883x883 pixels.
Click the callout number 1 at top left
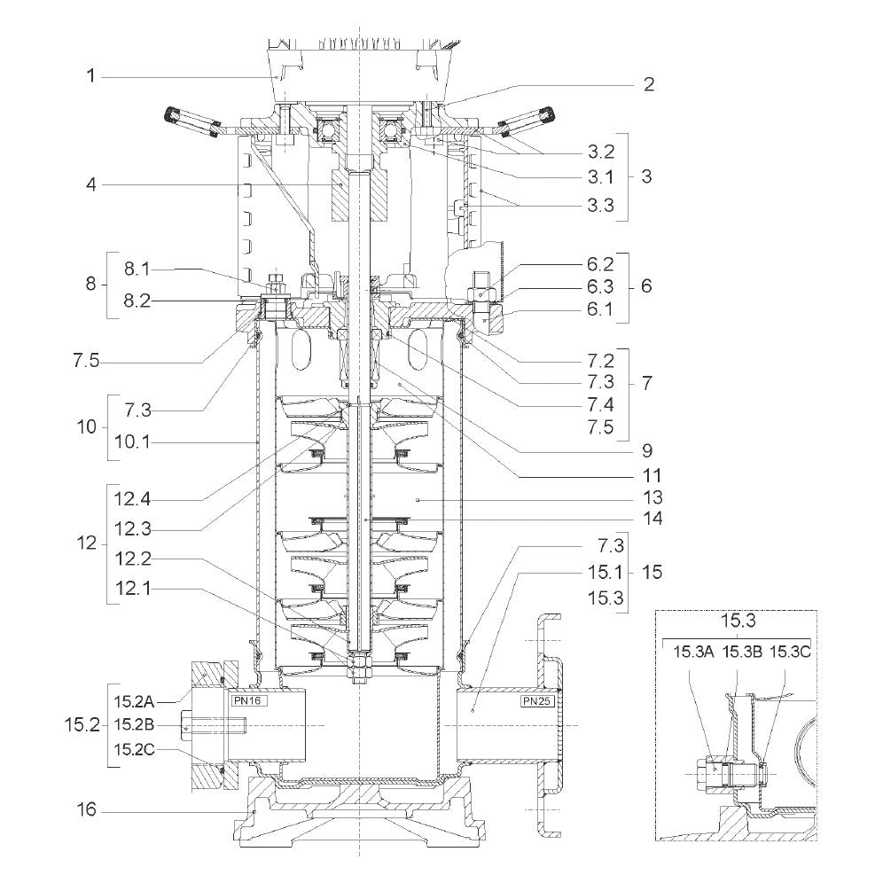(x=91, y=75)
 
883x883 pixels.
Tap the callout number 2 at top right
(x=649, y=84)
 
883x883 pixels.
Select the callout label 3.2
(x=601, y=152)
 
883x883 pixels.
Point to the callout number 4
(x=91, y=184)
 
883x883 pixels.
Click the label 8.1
(x=137, y=270)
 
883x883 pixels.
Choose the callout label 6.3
(x=600, y=286)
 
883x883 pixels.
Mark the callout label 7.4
(x=600, y=404)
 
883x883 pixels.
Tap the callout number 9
(x=647, y=450)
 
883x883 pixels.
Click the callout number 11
(x=652, y=476)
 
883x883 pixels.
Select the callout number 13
(x=652, y=498)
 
